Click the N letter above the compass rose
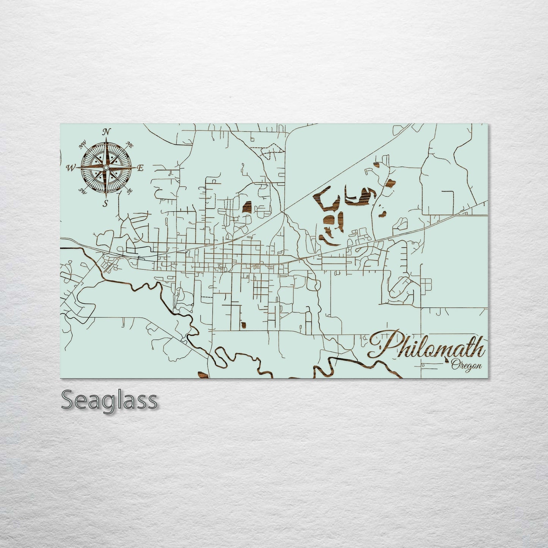pyautogui.click(x=107, y=132)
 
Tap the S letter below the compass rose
pyautogui.click(x=106, y=203)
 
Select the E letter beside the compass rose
pyautogui.click(x=140, y=168)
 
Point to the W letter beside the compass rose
pyautogui.click(x=71, y=168)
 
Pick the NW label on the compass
pyautogui.click(x=82, y=144)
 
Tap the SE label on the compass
pyautogui.click(x=129, y=191)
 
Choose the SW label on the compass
pyautogui.click(x=82, y=191)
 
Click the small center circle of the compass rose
pyautogui.click(x=106, y=168)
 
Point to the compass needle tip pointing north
pyautogui.click(x=107, y=139)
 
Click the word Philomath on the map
pyautogui.click(x=427, y=346)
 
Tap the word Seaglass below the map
pyautogui.click(x=109, y=400)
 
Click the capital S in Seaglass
pyautogui.click(x=68, y=400)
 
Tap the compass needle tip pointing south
pyautogui.click(x=106, y=196)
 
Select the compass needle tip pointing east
pyautogui.click(x=135, y=168)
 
